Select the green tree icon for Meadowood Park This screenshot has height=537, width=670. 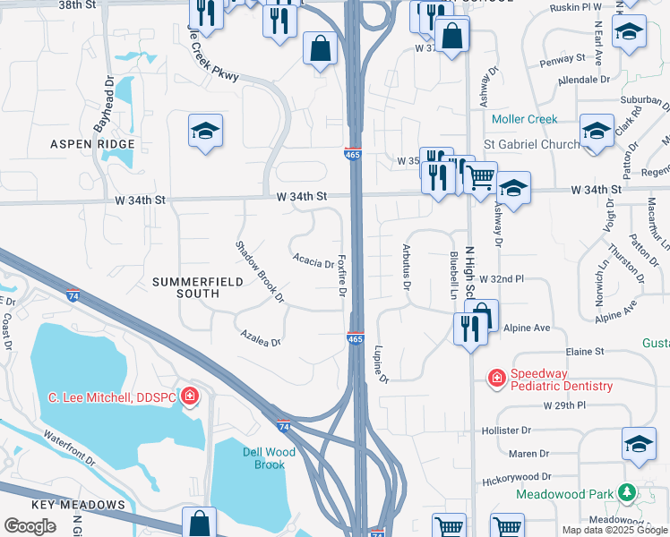click(x=627, y=493)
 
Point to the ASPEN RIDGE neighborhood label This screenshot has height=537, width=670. click(x=92, y=144)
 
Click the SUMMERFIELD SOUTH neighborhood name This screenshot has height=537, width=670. click(x=185, y=287)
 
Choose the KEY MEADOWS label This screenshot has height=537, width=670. click(x=78, y=505)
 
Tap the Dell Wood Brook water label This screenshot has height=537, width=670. click(x=263, y=457)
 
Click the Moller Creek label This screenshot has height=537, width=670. click(x=524, y=119)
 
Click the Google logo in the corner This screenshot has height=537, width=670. click(x=30, y=526)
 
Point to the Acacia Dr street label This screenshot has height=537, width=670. click(x=314, y=260)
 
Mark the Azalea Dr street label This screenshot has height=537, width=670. click(x=261, y=337)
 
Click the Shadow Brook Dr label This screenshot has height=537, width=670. click(x=259, y=270)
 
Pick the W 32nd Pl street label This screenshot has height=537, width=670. click(x=501, y=279)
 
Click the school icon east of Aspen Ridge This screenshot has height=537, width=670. click(x=205, y=132)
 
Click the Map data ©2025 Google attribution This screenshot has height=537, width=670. click(x=614, y=530)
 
